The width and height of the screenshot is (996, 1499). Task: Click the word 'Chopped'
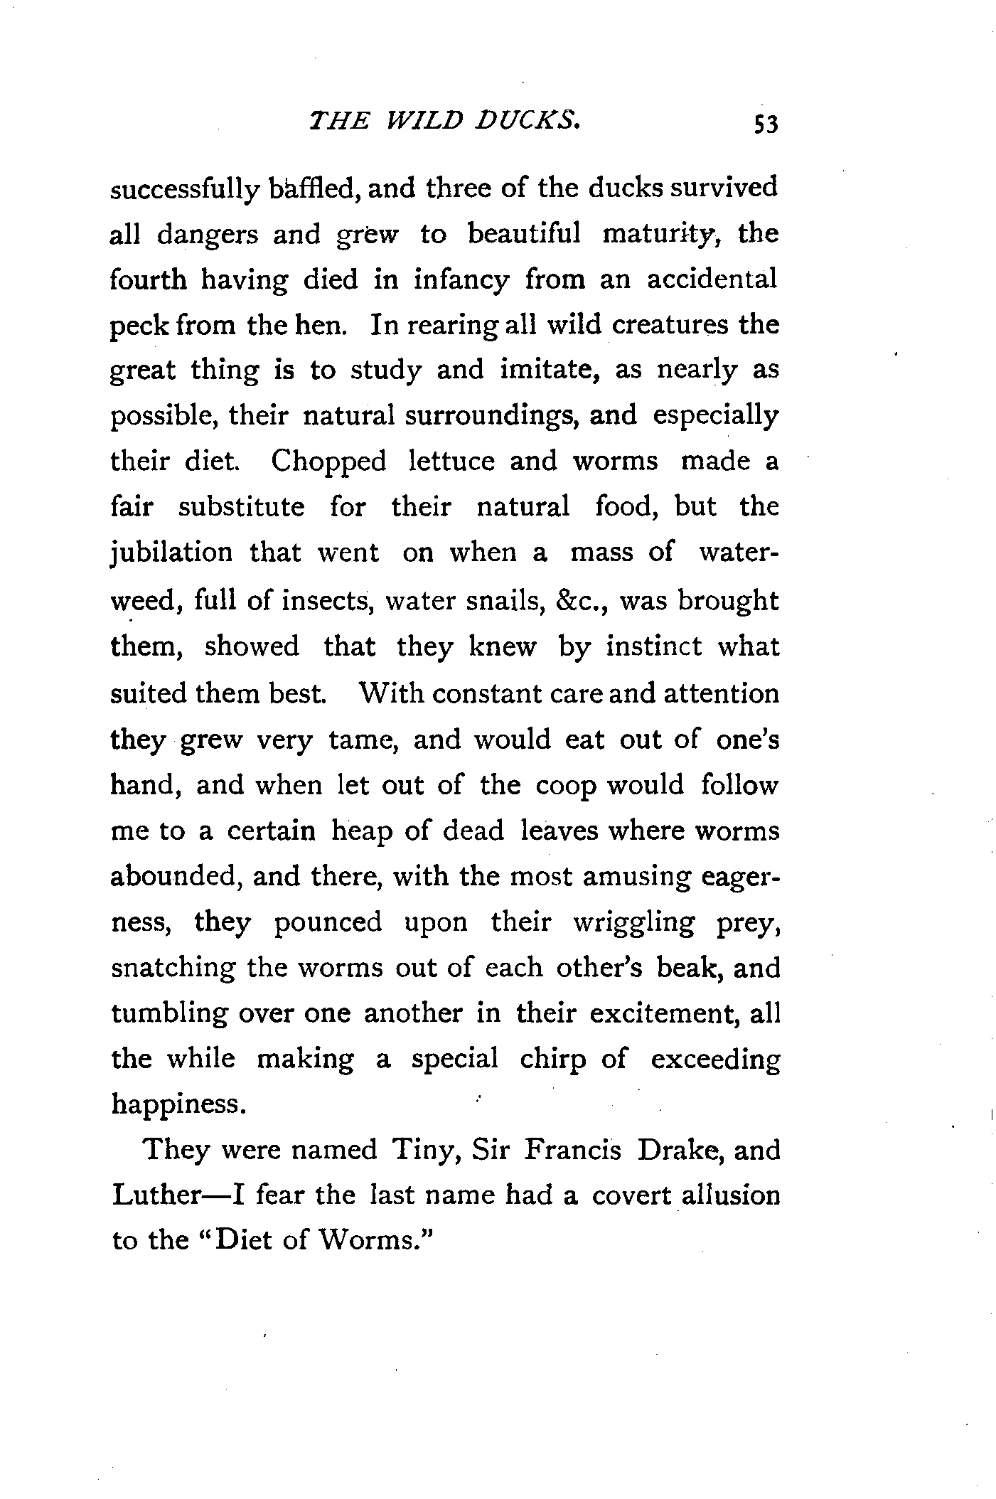pos(328,462)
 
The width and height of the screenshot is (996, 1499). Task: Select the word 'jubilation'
pos(171,553)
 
